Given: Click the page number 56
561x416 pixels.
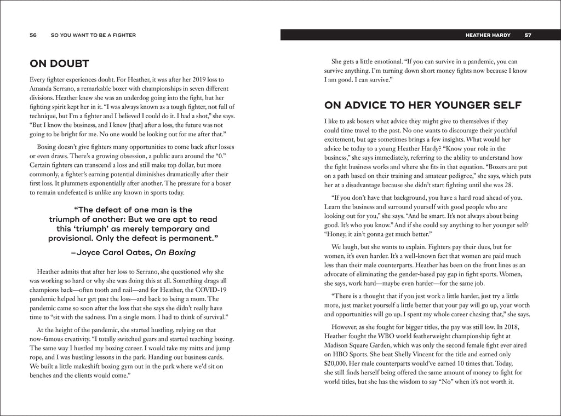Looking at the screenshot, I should tap(33, 35).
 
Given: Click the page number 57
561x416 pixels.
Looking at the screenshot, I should tap(528, 35).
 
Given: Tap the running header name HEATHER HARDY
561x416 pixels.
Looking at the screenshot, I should tap(488, 35).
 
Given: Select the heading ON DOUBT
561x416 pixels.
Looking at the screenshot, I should tap(59, 63).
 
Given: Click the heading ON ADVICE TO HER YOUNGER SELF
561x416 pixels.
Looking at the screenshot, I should tap(422, 105).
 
